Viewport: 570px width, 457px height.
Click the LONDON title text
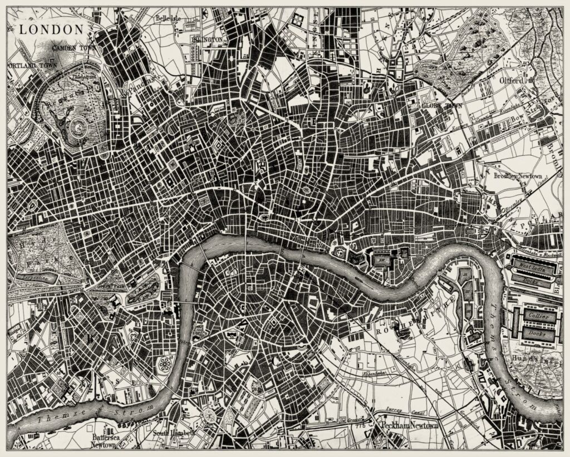[51, 29]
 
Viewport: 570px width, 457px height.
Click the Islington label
[207, 40]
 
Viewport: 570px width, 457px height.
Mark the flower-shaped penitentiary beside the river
[165, 365]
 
